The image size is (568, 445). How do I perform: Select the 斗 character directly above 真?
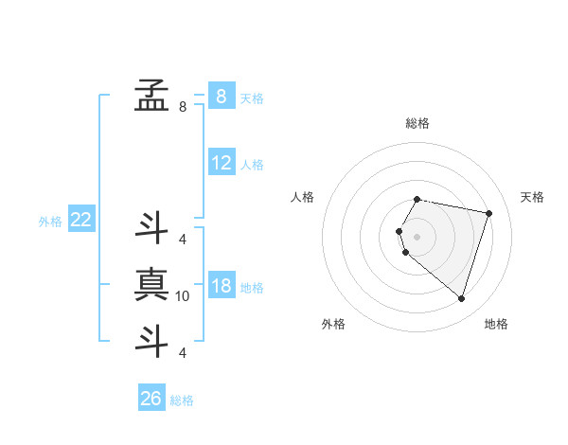click(151, 227)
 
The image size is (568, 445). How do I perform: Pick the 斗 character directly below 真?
click(151, 341)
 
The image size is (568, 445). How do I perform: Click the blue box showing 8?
click(221, 96)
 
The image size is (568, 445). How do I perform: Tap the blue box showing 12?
click(221, 163)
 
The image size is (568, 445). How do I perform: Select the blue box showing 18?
click(221, 287)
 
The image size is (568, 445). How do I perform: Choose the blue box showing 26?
click(151, 399)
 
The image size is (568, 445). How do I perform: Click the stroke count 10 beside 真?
click(183, 296)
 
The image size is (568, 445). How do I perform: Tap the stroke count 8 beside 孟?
click(183, 107)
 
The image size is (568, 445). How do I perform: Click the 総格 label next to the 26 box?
click(183, 400)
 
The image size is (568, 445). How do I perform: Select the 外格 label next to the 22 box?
click(50, 222)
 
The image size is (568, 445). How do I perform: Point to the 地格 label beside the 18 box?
click(253, 288)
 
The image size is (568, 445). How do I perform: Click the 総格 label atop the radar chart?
click(417, 123)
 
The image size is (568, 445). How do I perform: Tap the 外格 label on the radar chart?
click(333, 324)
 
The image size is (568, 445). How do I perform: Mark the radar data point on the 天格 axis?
click(488, 213)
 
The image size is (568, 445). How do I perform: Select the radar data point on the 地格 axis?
click(461, 299)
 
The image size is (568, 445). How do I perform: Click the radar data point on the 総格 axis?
click(417, 199)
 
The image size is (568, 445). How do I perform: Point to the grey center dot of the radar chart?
click(417, 236)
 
